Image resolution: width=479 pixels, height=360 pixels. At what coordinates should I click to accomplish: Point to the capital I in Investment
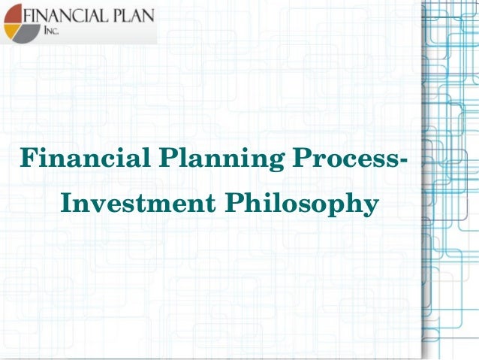66,204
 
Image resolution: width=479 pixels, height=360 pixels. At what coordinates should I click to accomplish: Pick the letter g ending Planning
270,164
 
